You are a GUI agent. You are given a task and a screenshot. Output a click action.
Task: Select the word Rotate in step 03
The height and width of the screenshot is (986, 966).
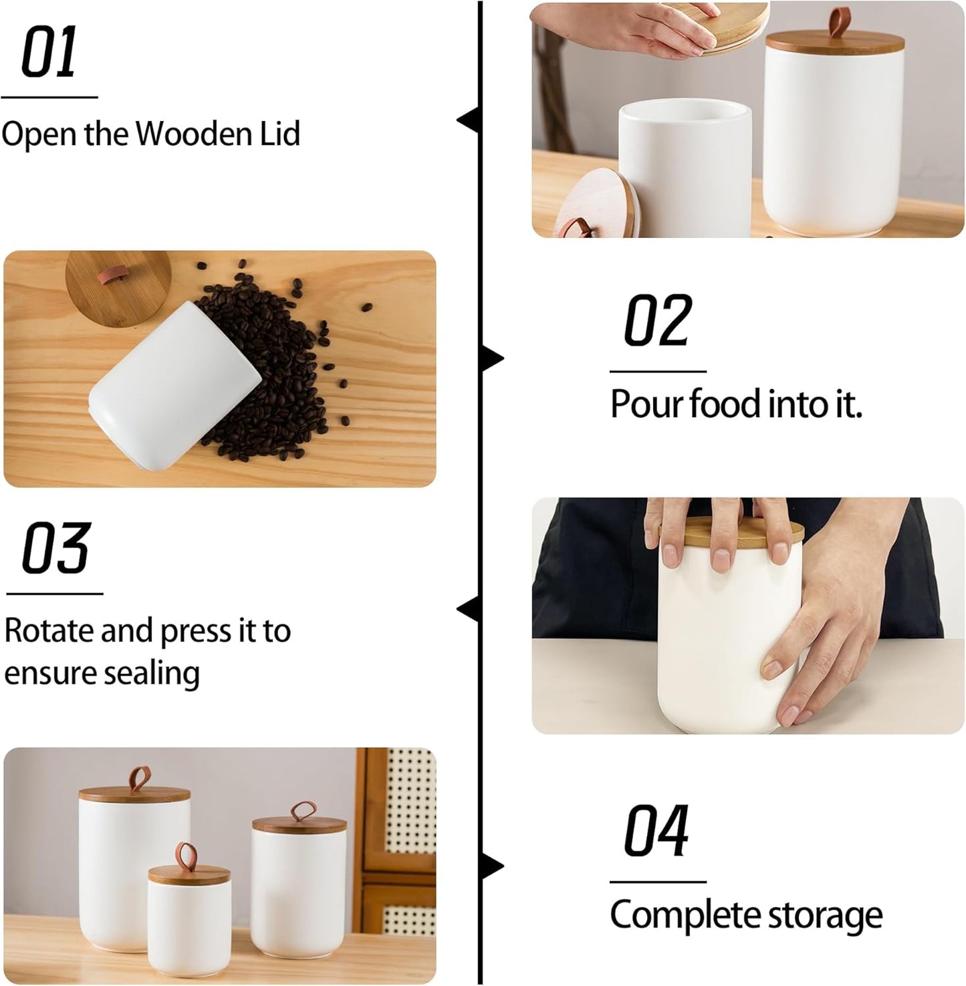coord(49,630)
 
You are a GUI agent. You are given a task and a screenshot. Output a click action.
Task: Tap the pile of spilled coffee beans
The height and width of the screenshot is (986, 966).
coord(267,361)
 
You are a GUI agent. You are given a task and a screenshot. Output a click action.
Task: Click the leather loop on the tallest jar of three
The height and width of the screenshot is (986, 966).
coord(138,779)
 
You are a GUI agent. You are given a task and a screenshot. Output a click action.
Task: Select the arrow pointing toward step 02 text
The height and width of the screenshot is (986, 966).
coord(493,359)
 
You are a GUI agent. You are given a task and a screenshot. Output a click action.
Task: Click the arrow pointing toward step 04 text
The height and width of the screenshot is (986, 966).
coord(493,867)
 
